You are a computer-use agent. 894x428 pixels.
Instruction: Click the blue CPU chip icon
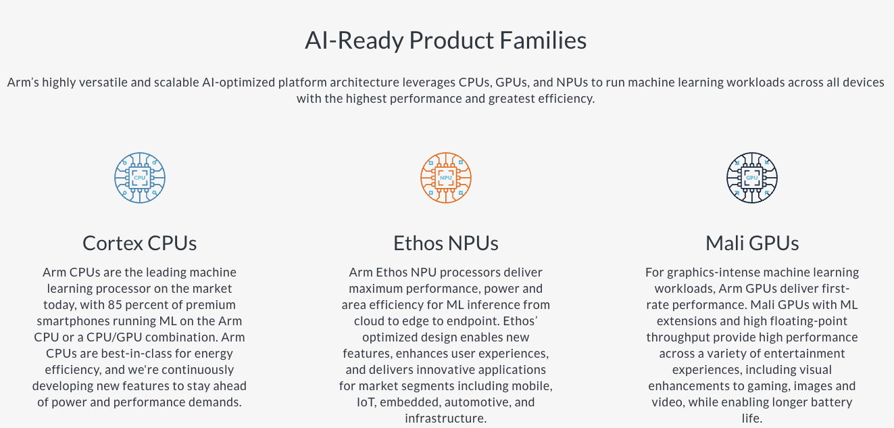140,178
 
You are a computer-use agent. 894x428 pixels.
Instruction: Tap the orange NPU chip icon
446,178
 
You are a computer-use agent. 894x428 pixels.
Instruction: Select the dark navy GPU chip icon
752,178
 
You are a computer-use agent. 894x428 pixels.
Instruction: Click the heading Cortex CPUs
140,243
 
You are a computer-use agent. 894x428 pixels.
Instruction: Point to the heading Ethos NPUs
446,243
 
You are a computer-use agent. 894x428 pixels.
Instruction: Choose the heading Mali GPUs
752,243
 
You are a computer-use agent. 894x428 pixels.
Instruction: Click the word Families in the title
543,41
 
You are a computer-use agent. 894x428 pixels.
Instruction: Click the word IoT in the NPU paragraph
366,402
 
